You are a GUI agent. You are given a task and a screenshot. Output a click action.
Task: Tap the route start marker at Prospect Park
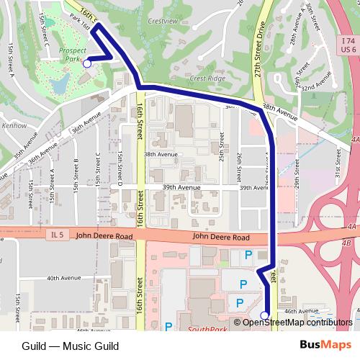tap(87, 63)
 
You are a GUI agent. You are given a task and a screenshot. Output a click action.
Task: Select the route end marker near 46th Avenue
tap(264, 315)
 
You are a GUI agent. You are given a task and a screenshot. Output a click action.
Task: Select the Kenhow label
tap(14, 125)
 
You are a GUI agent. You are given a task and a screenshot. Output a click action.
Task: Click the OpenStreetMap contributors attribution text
tap(296, 322)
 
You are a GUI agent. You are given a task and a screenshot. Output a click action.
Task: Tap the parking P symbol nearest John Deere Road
tap(250, 255)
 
